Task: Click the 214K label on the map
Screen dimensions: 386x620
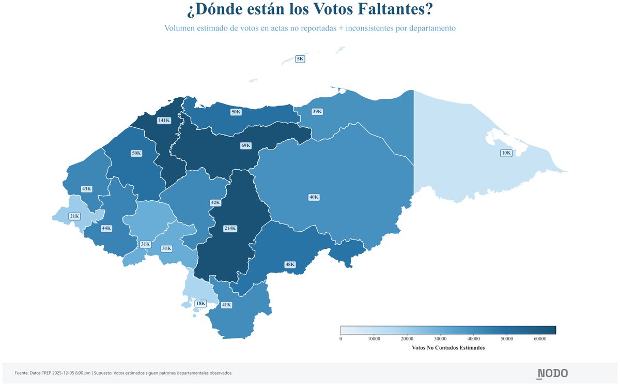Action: coord(230,228)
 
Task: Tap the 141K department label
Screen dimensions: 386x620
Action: coord(164,120)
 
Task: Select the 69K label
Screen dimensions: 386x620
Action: coord(246,145)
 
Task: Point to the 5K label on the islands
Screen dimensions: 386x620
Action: coord(300,59)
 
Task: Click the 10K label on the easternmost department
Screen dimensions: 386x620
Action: coord(506,153)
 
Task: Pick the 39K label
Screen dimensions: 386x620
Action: coord(317,111)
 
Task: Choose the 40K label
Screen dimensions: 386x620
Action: coord(314,197)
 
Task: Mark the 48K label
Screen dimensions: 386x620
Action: coord(290,264)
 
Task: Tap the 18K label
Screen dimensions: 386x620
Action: coord(200,303)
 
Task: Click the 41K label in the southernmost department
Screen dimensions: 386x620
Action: coord(226,305)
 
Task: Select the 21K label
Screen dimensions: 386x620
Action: coord(74,216)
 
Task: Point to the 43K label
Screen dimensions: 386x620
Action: coord(86,189)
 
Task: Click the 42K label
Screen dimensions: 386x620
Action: coord(215,203)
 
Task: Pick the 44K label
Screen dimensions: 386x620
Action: coord(106,228)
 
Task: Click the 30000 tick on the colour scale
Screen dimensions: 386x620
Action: coord(440,339)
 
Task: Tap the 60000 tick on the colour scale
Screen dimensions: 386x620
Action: coord(540,339)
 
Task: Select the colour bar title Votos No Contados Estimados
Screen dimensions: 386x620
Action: coord(448,348)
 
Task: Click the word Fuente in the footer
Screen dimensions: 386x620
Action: coord(22,373)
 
